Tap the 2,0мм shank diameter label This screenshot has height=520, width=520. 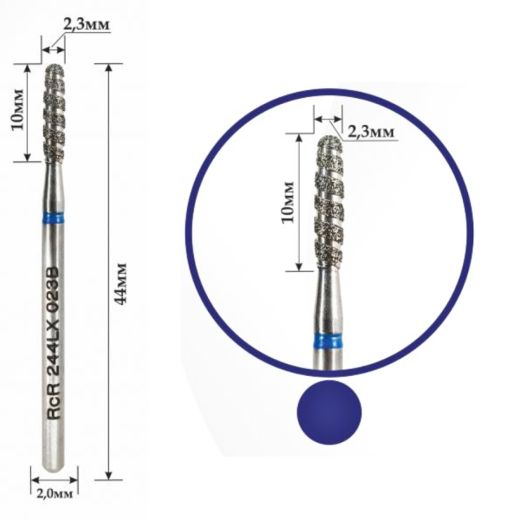[x=54, y=494]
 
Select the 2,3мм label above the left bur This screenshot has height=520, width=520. [x=86, y=25]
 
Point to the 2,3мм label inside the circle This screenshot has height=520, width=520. [x=371, y=131]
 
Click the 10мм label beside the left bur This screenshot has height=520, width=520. [x=18, y=109]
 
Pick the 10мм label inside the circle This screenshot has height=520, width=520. [x=287, y=202]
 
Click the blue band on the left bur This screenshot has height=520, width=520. [x=54, y=218]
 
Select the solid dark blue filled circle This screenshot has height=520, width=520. [x=329, y=412]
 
